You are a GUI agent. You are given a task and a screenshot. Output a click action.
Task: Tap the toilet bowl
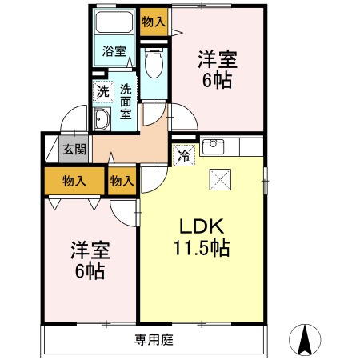click(x=154, y=63)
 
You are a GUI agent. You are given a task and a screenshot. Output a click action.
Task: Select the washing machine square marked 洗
click(x=103, y=92)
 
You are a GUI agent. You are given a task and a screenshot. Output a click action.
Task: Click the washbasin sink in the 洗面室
click(x=102, y=119)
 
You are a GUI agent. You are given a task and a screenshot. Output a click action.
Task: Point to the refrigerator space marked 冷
click(x=184, y=155)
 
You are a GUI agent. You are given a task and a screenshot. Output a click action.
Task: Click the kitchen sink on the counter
click(x=213, y=146)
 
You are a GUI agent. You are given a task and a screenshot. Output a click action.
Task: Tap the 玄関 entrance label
click(x=74, y=149)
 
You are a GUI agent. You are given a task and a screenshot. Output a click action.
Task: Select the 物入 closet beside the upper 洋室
click(x=154, y=22)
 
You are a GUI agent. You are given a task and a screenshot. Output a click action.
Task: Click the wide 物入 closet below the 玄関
click(x=74, y=181)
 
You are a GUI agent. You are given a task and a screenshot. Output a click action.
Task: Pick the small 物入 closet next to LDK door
click(x=122, y=181)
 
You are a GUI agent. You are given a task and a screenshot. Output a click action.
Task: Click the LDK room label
click(x=202, y=226)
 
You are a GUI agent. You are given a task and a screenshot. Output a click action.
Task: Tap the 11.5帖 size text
click(x=202, y=248)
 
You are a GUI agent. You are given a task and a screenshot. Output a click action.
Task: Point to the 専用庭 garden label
click(x=154, y=340)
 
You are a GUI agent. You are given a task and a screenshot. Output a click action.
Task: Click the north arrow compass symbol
click(x=305, y=340)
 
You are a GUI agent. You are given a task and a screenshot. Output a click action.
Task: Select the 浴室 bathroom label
click(x=114, y=51)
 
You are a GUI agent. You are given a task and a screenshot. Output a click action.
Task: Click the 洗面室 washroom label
click(x=126, y=102)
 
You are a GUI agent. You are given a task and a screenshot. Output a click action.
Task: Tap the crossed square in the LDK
click(x=220, y=179)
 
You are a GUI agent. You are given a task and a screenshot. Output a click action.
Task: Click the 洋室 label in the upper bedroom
click(x=218, y=59)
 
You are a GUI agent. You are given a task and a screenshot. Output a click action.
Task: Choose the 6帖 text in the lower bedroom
click(x=90, y=271)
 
